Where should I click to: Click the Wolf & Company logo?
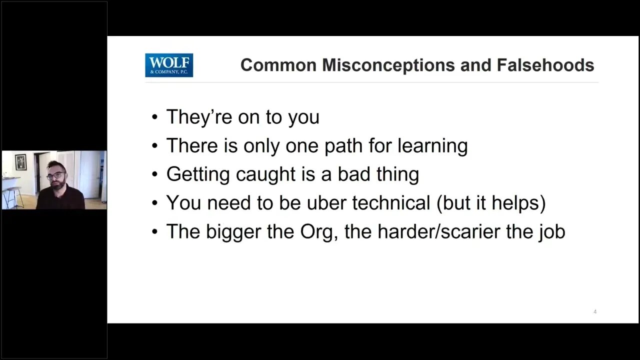click(x=169, y=65)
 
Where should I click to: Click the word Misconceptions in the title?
click(x=388, y=65)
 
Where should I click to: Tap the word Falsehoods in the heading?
click(x=545, y=65)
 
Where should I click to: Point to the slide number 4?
click(x=595, y=311)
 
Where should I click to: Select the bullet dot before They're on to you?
click(x=155, y=117)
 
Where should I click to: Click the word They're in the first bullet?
click(x=199, y=117)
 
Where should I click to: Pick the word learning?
click(x=432, y=145)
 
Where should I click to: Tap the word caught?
click(x=265, y=174)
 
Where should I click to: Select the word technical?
click(x=391, y=202)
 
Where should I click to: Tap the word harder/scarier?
click(x=439, y=231)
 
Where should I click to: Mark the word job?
click(x=552, y=231)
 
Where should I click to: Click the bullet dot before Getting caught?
click(x=155, y=174)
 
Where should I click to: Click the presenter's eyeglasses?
click(x=56, y=175)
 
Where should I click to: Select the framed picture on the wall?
click(x=20, y=162)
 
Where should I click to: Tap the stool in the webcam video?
click(x=13, y=197)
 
